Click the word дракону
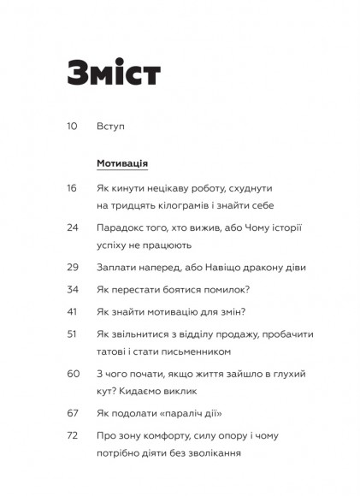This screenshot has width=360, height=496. tap(253, 267)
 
